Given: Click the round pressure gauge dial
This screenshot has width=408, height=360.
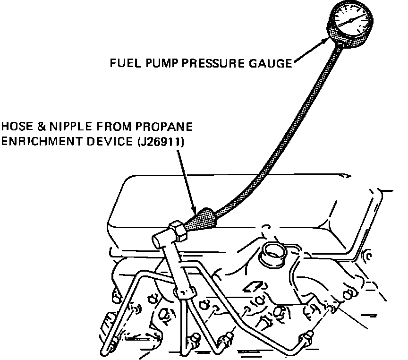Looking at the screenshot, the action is (349, 22).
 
